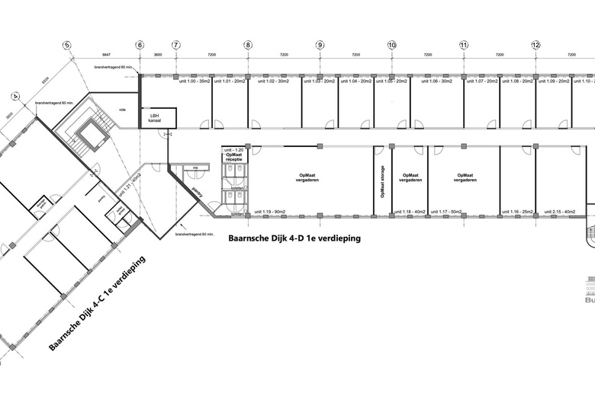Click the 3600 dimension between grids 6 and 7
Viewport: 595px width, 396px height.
tap(158, 56)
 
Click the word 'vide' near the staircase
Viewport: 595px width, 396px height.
tap(122, 109)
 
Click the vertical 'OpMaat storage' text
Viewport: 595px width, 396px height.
tap(382, 181)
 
